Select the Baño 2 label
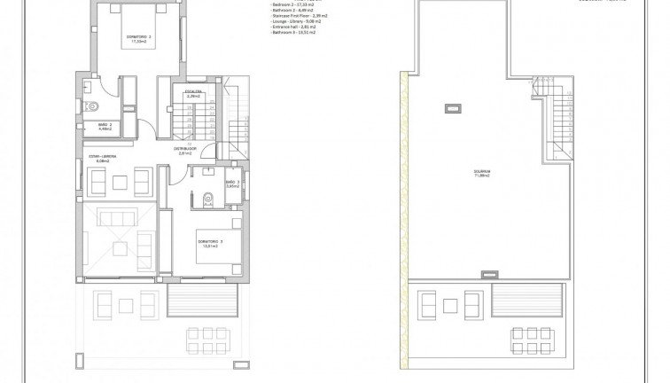(x=105, y=128)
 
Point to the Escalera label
(x=194, y=92)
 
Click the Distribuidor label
(x=185, y=151)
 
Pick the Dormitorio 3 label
(x=209, y=243)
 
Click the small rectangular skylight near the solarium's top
(x=452, y=109)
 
